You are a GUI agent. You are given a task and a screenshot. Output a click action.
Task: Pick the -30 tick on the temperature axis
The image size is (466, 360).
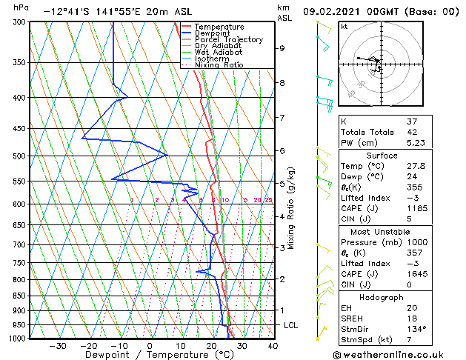pyautogui.click(x=58, y=346)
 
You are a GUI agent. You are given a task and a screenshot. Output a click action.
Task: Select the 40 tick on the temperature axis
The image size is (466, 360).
pyautogui.click(x=273, y=346)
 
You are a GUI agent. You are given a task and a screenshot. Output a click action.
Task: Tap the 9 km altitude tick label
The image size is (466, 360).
pyautogui.click(x=282, y=48)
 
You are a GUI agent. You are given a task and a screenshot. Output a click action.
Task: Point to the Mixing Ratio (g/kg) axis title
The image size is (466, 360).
pyautogui.click(x=292, y=207)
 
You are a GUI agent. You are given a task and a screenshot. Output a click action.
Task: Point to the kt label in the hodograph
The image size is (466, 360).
pyautogui.click(x=344, y=27)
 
